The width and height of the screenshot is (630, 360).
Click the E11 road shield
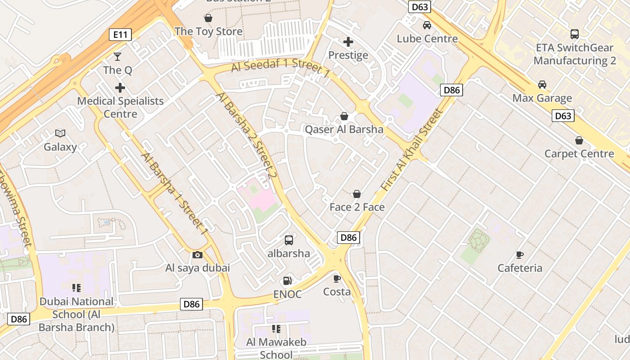coord(120,34)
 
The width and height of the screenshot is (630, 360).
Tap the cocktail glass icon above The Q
coord(117,56)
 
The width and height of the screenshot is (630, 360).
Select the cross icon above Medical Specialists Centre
coord(120,87)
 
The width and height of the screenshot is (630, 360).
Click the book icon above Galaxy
coord(60,133)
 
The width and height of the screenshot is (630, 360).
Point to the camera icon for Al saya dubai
coord(197,255)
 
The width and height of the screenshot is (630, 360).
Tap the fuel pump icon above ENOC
coord(287,281)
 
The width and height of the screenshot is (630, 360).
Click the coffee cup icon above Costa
coord(337,278)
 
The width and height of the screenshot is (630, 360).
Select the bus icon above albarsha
coord(289,240)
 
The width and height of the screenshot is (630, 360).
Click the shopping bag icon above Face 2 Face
coord(357,194)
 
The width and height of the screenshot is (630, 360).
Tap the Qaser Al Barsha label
coord(344,130)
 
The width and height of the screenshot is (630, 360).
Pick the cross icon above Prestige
coord(348,42)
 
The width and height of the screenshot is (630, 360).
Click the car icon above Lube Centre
coord(427,25)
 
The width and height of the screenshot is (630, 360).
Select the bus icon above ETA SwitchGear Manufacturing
coord(575,34)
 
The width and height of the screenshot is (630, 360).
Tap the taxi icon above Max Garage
coord(542,85)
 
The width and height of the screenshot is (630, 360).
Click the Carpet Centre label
coord(579,153)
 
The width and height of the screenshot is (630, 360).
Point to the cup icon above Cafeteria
coord(520,255)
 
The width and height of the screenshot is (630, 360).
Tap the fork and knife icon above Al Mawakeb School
coord(276,329)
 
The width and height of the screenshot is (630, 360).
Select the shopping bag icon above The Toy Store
coord(208,18)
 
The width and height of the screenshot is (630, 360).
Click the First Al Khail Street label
coord(409,151)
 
